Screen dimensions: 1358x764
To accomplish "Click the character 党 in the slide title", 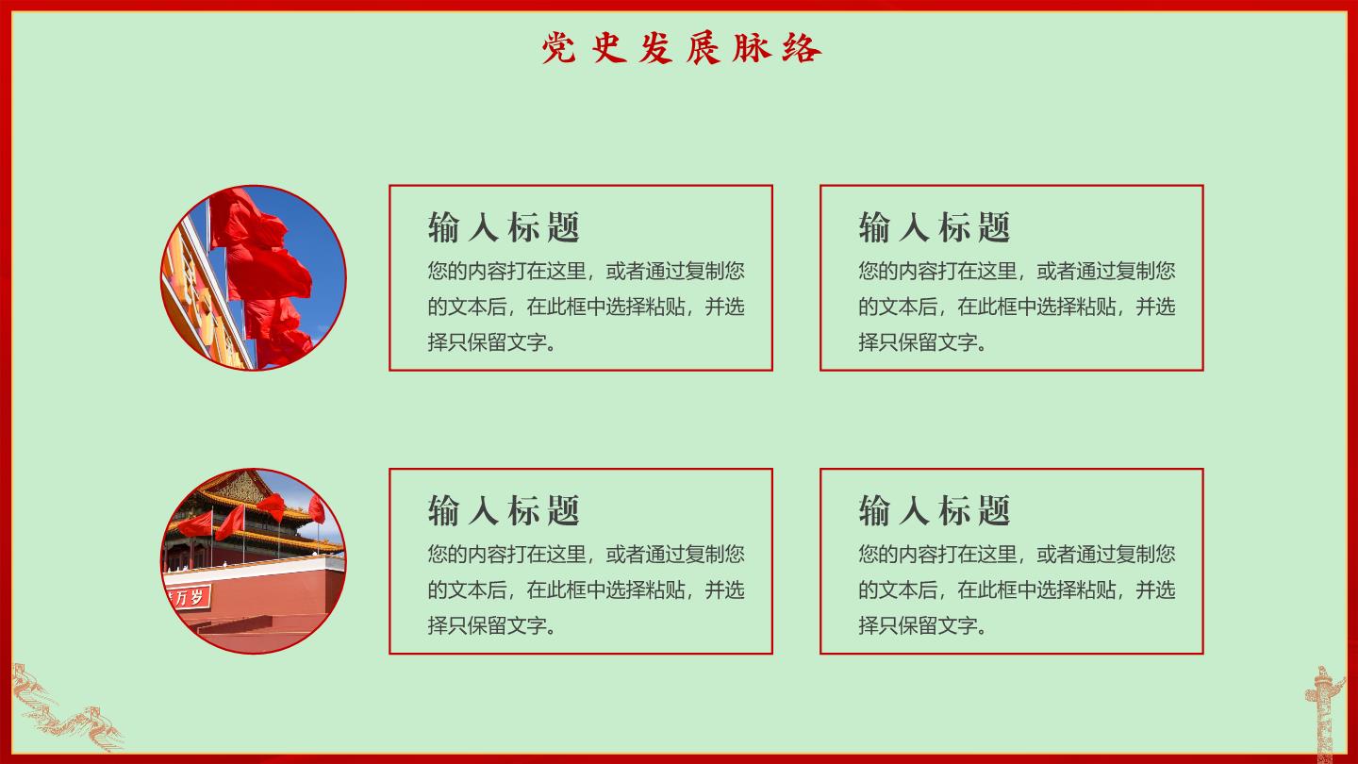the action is pos(558,48).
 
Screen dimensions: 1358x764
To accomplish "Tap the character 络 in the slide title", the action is pos(802,48).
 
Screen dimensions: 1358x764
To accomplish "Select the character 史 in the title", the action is pos(608,47).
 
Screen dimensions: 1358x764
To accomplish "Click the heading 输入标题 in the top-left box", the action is pos(504,227).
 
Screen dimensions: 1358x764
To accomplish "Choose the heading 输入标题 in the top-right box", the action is pos(935,227).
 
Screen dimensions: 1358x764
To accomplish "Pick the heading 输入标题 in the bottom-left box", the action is pos(504,510).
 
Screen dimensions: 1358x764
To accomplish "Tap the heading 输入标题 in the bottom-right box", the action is pos(935,510).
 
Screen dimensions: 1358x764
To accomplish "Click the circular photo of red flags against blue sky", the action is pos(254,277).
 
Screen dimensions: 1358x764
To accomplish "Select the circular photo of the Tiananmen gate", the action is pos(254,561).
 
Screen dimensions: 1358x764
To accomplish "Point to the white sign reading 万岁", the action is pos(188,598).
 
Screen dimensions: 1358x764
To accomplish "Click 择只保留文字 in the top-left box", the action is pos(487,342).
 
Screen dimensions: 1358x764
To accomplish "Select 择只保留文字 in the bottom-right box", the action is pos(918,625).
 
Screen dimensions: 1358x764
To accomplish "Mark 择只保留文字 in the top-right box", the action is pos(918,342).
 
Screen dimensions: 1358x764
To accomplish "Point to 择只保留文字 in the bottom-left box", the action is pos(487,625).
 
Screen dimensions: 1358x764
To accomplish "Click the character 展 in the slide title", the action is pos(704,48).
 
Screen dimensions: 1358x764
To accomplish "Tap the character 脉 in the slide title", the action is pos(752,47).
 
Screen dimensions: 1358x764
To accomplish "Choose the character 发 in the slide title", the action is pos(655,48).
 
